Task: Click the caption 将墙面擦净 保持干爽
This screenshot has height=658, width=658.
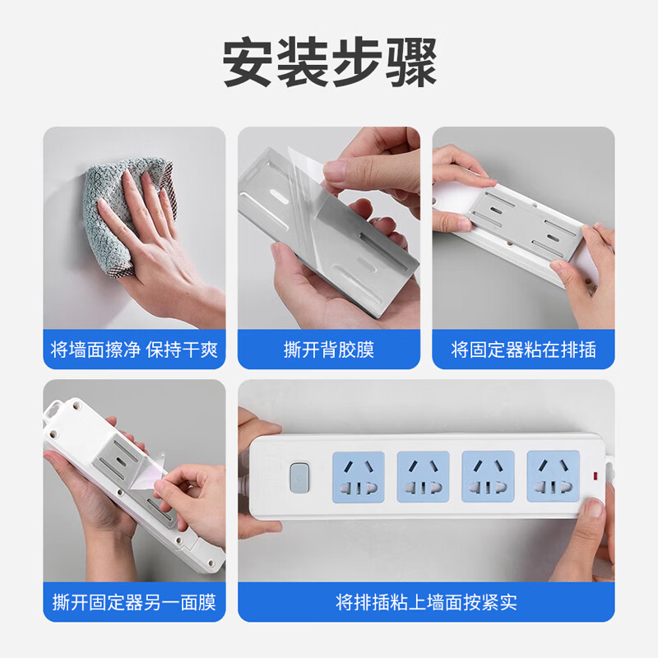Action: click(x=134, y=350)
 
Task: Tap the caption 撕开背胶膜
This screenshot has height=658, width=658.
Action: click(x=329, y=350)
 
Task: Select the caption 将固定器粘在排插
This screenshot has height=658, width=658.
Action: click(x=523, y=350)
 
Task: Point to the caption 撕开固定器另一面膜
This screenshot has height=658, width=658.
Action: click(x=134, y=602)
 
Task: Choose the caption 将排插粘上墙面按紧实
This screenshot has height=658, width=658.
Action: click(x=426, y=602)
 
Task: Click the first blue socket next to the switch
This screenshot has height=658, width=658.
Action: click(x=358, y=476)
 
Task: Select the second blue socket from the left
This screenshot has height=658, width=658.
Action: click(x=423, y=476)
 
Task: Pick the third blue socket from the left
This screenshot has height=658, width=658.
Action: click(x=488, y=476)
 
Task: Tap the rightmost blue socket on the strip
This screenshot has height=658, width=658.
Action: click(x=553, y=476)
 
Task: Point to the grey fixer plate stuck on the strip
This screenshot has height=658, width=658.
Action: click(x=518, y=222)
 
